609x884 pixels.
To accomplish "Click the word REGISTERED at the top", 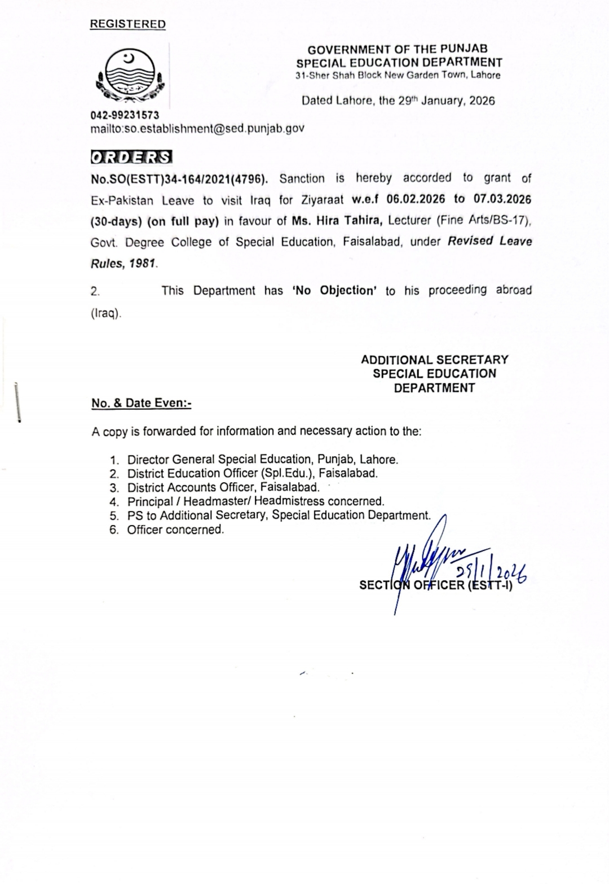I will pos(128,24).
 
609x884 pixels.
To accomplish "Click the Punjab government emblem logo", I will pos(130,78).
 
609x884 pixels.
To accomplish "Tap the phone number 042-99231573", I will pos(125,115).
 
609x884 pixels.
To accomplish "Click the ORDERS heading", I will pos(131,156).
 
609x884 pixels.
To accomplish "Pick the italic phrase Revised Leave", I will pos(489,242).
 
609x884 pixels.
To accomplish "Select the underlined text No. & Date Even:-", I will pos(142,403).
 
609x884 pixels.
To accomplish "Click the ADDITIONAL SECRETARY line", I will pos(434,360).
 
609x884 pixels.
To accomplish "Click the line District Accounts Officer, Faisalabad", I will pos(223,487).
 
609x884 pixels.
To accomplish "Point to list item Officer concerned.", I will pos(175,529).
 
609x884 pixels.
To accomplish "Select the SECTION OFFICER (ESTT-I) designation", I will pos(435,585).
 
